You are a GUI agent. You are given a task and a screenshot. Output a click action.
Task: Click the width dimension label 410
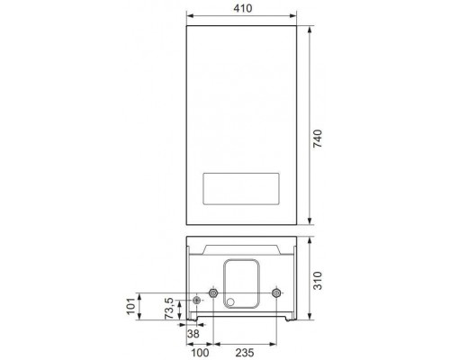[242, 8]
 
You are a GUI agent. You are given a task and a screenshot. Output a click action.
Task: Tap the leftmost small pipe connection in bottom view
[195, 300]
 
